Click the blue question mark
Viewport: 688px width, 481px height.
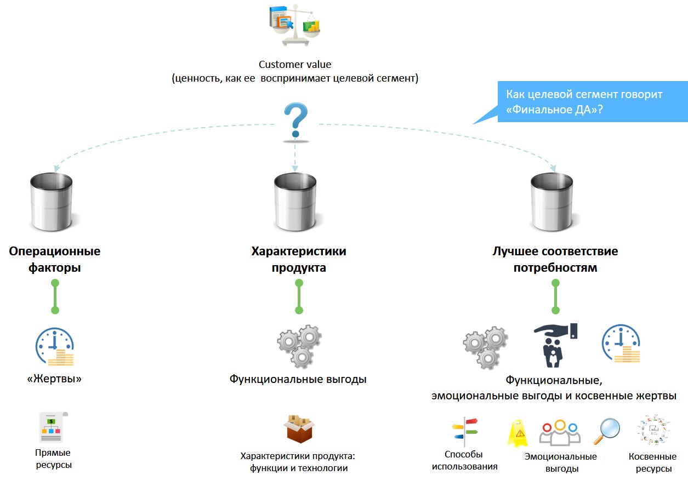click(295, 121)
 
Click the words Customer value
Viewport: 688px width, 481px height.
click(295, 65)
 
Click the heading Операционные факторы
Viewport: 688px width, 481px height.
click(54, 260)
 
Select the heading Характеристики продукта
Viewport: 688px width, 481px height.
click(299, 260)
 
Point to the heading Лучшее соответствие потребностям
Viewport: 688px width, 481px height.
click(555, 260)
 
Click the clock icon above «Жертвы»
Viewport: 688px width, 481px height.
click(55, 347)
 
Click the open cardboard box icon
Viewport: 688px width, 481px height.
click(299, 429)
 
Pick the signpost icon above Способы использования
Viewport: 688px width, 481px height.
click(465, 432)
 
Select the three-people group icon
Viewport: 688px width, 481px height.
click(560, 433)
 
